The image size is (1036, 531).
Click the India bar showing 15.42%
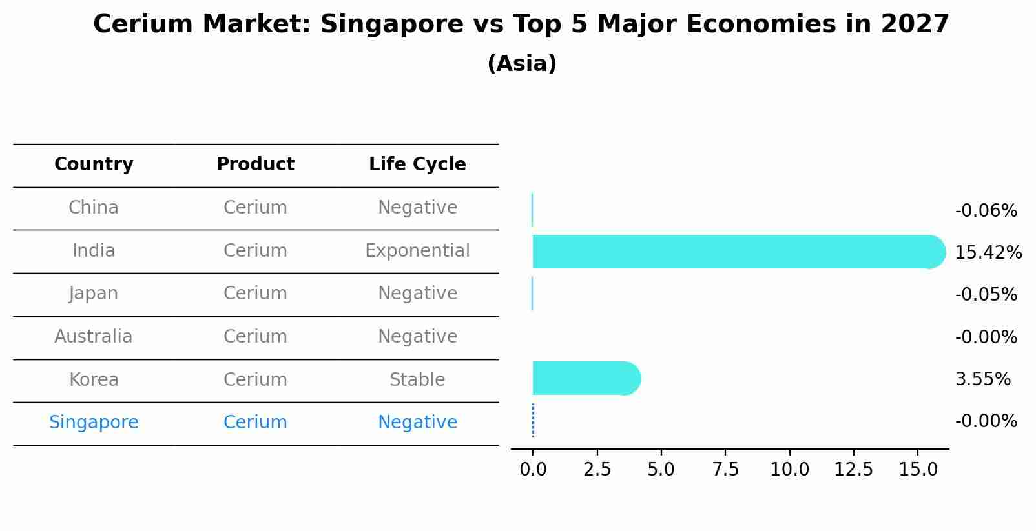click(736, 252)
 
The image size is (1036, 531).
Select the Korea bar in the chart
click(585, 378)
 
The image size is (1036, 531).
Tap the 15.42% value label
click(988, 253)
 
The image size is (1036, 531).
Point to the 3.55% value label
click(982, 379)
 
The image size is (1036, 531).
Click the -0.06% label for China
click(986, 211)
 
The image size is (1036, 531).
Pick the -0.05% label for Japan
click(986, 295)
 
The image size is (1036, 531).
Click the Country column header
click(94, 165)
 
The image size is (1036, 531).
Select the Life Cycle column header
click(417, 165)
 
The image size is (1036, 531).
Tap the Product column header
click(255, 165)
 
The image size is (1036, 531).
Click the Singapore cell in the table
click(94, 423)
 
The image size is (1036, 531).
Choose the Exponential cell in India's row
click(417, 251)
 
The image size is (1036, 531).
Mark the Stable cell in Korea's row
click(417, 380)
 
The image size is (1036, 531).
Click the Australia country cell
click(94, 337)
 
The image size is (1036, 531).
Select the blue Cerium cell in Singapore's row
click(255, 423)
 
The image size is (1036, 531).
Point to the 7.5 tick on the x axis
click(725, 470)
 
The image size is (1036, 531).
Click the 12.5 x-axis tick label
click(853, 470)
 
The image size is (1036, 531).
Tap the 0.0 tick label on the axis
click(533, 470)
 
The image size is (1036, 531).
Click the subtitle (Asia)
click(522, 64)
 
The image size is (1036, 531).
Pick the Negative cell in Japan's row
click(417, 294)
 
